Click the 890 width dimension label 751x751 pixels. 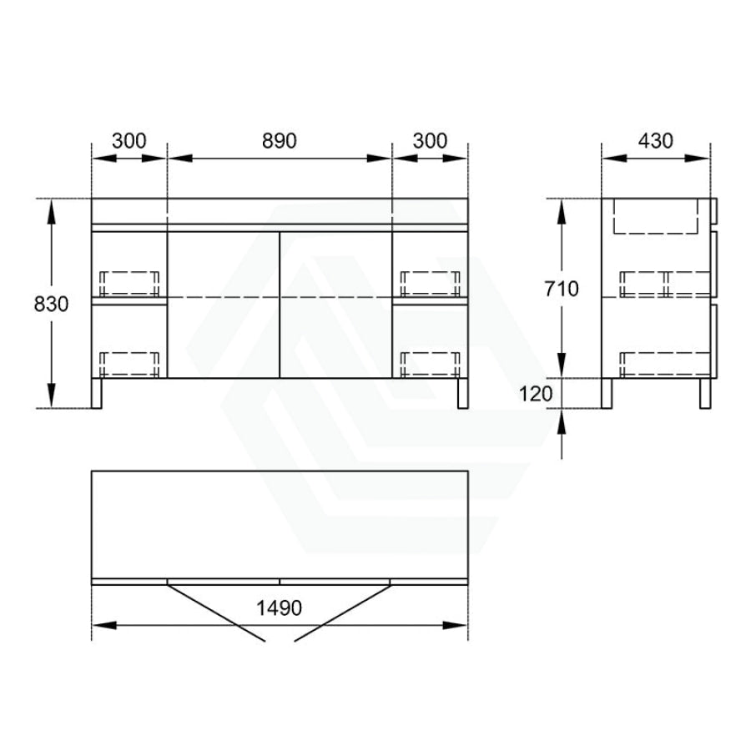click(280, 141)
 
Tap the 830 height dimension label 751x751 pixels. click(51, 304)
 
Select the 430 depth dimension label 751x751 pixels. click(656, 141)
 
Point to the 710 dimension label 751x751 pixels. click(562, 289)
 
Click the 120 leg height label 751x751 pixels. click(536, 394)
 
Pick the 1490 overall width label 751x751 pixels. click(280, 608)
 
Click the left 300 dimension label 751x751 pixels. click(129, 141)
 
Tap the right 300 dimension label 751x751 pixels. click(430, 141)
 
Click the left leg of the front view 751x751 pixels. click(96, 393)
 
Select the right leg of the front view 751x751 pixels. click(462, 393)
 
